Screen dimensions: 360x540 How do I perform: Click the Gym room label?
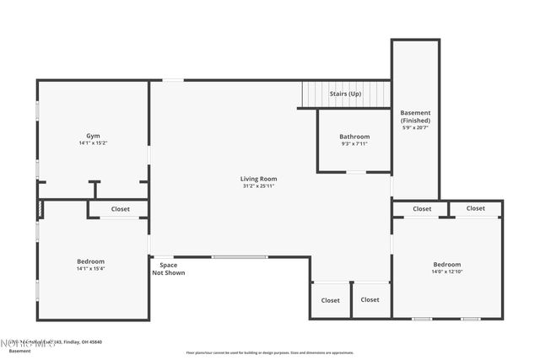coord(93,136)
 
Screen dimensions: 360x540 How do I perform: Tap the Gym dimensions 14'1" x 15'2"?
coord(93,143)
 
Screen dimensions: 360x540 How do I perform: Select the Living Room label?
coord(258,179)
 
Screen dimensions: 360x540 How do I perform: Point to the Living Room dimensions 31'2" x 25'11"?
coord(258,186)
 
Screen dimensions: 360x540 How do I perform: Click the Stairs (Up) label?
coord(345,94)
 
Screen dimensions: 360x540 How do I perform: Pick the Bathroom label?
coord(354,137)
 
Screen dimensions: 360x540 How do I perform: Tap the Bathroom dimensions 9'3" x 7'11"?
coord(354,144)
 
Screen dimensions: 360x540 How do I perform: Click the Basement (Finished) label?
coord(415,116)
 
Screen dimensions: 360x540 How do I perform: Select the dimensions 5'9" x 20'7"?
coord(415,127)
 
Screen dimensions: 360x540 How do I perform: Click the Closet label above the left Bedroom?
coord(121,209)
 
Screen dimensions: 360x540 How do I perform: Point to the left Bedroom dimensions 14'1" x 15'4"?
coord(90,269)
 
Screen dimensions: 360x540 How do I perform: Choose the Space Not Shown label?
coord(168,269)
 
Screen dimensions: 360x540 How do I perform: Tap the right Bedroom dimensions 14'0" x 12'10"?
coord(448,271)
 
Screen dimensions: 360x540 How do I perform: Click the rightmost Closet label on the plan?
coord(476,208)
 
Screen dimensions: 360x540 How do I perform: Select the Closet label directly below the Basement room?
coord(422,209)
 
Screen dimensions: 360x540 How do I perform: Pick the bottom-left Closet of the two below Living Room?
coord(330,300)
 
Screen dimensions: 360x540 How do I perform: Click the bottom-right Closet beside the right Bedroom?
coord(370,299)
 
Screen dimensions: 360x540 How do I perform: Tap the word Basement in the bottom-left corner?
coord(19,351)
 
